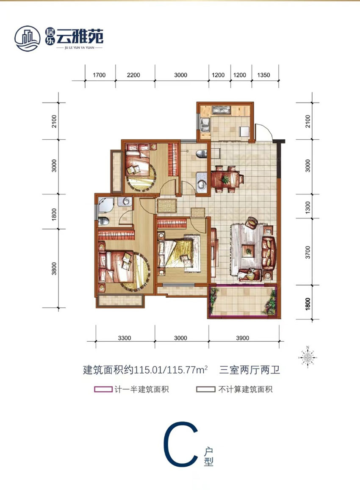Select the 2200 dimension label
tap(133, 75)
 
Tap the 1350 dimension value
tap(263, 75)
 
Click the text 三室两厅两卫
tap(250, 370)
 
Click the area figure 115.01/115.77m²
tap(171, 370)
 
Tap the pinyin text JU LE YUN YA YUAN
tap(74, 48)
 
